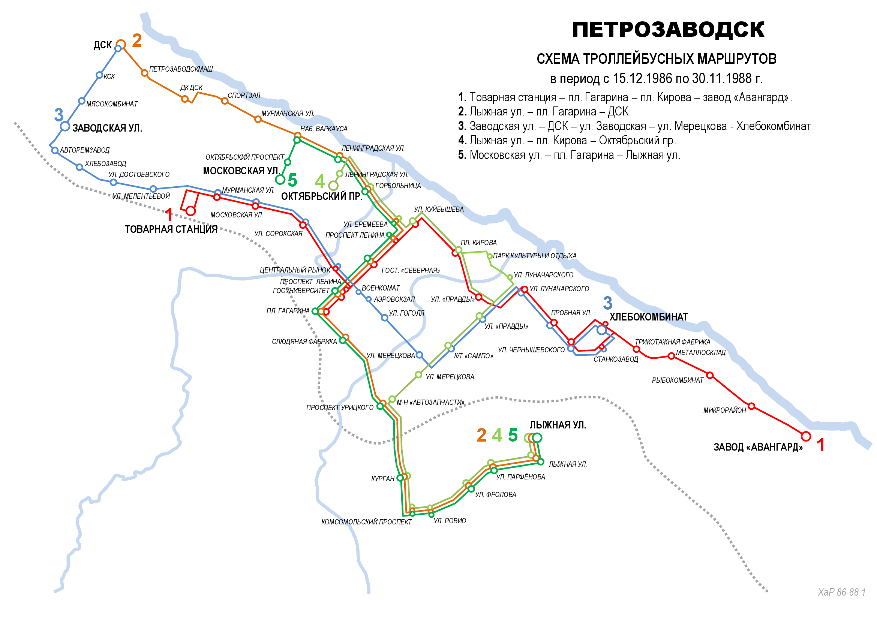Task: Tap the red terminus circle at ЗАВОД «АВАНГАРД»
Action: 806,436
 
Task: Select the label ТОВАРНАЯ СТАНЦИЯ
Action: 171,229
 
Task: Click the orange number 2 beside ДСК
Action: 137,40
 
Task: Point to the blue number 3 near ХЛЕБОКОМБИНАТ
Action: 607,303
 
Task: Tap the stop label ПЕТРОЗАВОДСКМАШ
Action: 181,69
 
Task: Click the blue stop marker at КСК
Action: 99,75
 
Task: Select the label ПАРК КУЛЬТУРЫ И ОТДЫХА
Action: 534,256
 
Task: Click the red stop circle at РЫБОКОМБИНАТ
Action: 710,375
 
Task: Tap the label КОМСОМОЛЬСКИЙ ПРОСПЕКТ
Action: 366,522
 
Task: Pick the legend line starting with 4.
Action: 567,141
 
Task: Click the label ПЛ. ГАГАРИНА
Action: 288,311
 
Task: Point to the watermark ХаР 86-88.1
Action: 841,592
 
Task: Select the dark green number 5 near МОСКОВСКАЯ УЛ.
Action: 292,180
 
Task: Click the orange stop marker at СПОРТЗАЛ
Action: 225,101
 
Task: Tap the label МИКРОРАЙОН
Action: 725,410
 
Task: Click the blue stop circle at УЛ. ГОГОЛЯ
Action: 385,317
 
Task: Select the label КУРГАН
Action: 382,479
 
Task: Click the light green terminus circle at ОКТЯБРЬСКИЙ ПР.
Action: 333,186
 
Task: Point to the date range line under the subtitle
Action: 656,79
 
